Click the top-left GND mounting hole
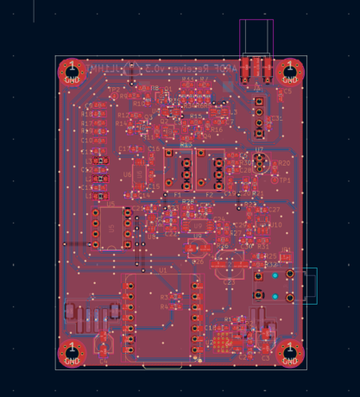(x=72, y=72)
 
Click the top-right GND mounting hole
(x=291, y=71)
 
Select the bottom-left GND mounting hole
(x=72, y=354)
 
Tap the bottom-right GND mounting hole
(x=291, y=354)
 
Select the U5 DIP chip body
(x=112, y=228)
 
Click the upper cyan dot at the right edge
(x=275, y=276)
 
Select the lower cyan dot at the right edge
(x=275, y=297)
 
